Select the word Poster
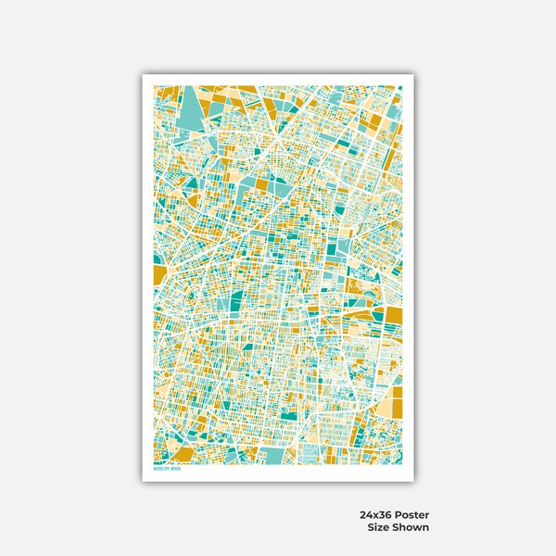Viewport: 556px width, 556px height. (413, 514)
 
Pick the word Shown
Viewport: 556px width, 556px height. (411, 527)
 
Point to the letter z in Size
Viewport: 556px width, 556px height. (381, 527)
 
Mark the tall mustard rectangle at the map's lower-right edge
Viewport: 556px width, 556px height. (396, 404)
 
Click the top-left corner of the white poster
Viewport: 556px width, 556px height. (143, 73)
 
